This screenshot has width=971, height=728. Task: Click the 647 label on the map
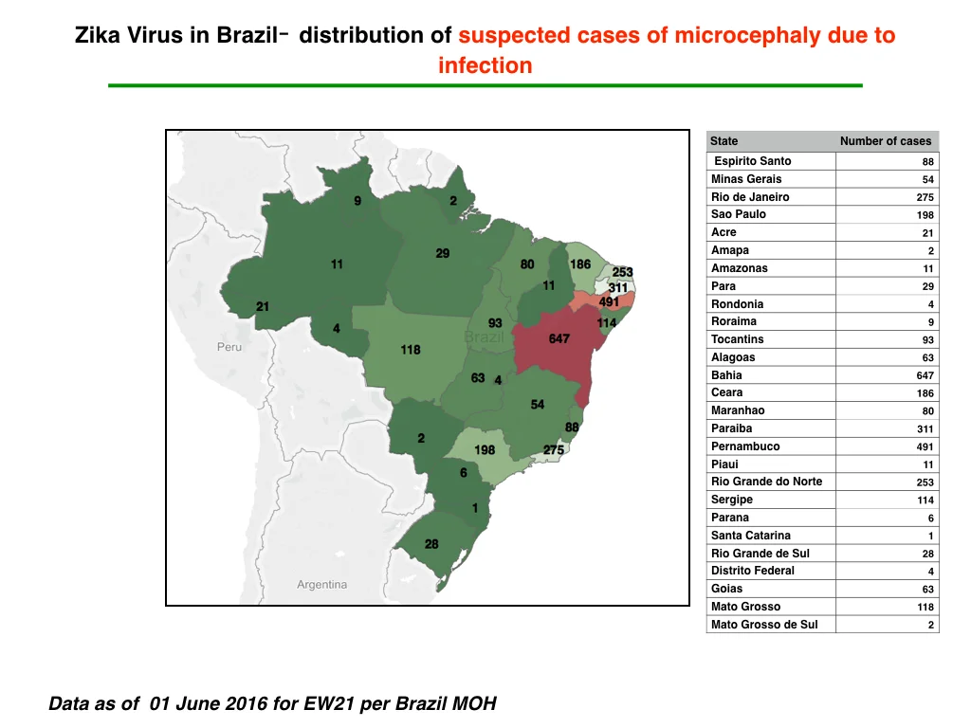pos(559,338)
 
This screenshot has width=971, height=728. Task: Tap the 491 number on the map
pos(609,301)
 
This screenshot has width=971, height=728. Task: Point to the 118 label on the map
pos(410,350)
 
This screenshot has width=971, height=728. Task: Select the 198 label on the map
pos(485,450)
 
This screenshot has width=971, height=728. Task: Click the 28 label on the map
pos(431,544)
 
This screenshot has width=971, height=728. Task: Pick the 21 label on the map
pos(263,306)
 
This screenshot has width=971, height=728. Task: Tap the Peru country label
pos(229,347)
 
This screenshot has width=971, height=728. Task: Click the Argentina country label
pos(321,584)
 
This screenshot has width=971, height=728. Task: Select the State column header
pos(724,141)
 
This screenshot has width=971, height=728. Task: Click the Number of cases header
pos(886,141)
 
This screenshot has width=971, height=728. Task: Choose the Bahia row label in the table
pos(726,375)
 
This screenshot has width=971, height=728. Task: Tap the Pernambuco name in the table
pos(745,446)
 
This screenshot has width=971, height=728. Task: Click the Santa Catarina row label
pos(751,536)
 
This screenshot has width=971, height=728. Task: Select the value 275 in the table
pos(925,197)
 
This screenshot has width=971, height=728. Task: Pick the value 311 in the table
pos(925,429)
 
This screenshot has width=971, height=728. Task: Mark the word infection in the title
pos(485,65)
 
